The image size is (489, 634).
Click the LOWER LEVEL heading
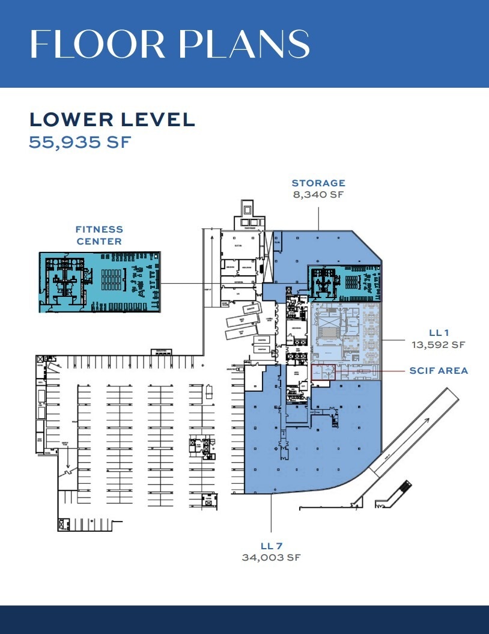(x=112, y=119)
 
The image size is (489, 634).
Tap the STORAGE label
(x=318, y=183)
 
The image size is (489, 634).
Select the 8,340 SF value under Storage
(x=318, y=195)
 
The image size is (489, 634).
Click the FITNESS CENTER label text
(x=99, y=235)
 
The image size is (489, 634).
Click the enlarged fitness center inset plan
(x=100, y=282)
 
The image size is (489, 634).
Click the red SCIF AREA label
(x=438, y=371)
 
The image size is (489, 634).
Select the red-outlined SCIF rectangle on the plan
(x=323, y=372)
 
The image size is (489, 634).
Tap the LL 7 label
(x=272, y=546)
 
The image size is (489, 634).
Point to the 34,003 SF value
(x=272, y=558)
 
